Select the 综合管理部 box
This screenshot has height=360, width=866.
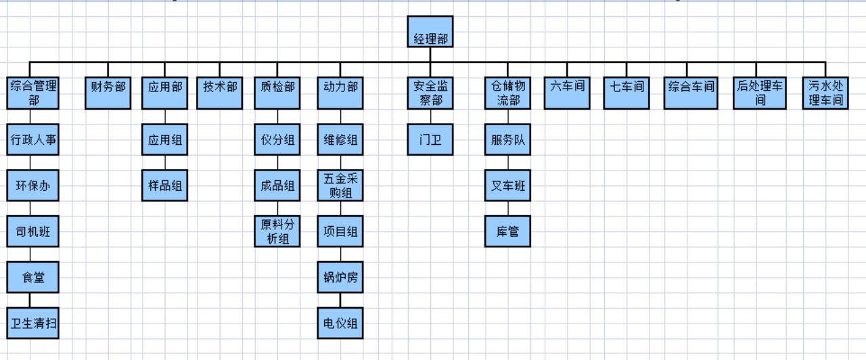pos(33,93)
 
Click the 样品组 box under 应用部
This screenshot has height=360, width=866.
pos(165,185)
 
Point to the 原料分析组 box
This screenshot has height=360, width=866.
pos(277,231)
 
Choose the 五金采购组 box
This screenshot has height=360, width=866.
pos(340,185)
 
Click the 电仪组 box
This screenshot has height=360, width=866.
pos(340,322)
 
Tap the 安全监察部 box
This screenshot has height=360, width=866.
pos(430,93)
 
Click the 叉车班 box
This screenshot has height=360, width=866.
pos(508,185)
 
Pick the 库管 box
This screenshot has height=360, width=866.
pos(508,231)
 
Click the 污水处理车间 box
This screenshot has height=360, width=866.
pos(825,93)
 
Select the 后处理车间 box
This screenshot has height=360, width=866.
pos(760,93)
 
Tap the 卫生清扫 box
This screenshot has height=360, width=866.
pos(33,322)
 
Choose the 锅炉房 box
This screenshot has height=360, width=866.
pos(340,277)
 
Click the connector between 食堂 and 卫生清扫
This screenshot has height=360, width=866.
pos(30,300)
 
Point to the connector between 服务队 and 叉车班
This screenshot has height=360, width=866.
pos(508,162)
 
